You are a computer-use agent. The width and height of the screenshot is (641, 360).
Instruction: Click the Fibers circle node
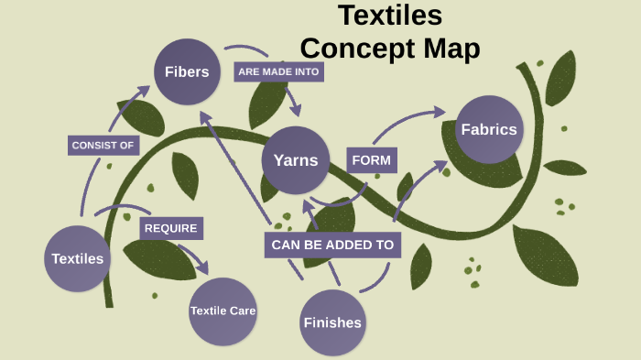click(x=187, y=71)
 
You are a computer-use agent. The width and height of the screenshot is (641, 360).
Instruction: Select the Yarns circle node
click(x=295, y=160)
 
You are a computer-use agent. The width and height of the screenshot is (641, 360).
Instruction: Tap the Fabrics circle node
click(x=489, y=129)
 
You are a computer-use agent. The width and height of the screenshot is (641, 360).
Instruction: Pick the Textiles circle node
click(x=78, y=258)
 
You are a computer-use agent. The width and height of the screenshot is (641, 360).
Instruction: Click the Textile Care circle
click(x=223, y=311)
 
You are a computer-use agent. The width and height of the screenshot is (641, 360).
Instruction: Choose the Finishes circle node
click(x=332, y=322)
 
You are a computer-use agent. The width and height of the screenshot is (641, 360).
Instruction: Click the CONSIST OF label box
click(x=104, y=146)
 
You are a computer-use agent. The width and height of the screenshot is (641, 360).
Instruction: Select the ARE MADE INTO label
click(x=280, y=71)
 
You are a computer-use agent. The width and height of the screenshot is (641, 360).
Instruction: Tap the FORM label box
click(x=371, y=160)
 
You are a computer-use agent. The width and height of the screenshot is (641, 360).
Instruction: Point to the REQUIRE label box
click(x=170, y=228)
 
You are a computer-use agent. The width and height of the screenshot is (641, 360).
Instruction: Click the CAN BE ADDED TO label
click(x=332, y=245)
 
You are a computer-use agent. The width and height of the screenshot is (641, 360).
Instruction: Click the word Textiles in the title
click(x=390, y=16)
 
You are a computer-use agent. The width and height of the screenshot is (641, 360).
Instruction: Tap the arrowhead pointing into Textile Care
click(x=202, y=269)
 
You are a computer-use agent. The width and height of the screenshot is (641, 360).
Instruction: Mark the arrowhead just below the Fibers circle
click(x=205, y=117)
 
